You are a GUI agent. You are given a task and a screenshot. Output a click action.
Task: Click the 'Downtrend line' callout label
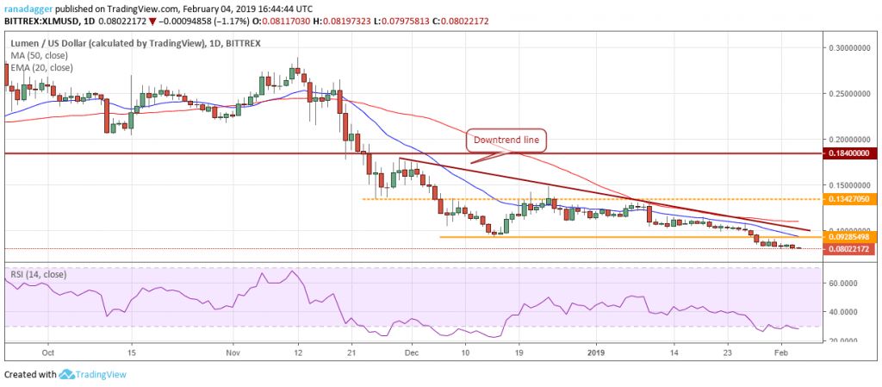click(x=506, y=139)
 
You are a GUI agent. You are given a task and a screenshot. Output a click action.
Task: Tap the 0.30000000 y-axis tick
click(x=848, y=47)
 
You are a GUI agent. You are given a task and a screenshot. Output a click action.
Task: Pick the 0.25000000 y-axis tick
click(x=848, y=92)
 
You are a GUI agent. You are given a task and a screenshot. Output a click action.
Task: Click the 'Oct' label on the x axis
click(x=48, y=353)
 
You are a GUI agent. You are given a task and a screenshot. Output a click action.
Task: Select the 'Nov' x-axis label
click(x=233, y=353)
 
